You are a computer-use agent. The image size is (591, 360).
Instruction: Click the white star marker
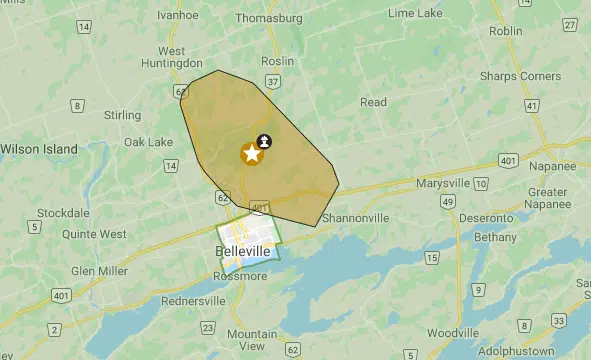[x=251, y=154]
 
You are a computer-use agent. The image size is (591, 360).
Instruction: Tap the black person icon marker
[x=264, y=141]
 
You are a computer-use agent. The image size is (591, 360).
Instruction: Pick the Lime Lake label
[x=416, y=13]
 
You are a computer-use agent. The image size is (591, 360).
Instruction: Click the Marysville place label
[x=436, y=183]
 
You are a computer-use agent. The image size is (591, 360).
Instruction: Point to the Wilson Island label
[x=39, y=148]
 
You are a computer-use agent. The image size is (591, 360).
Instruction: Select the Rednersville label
[x=192, y=300]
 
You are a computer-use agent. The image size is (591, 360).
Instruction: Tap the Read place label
[x=373, y=102]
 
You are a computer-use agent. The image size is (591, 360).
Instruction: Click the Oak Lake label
[x=148, y=142]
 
